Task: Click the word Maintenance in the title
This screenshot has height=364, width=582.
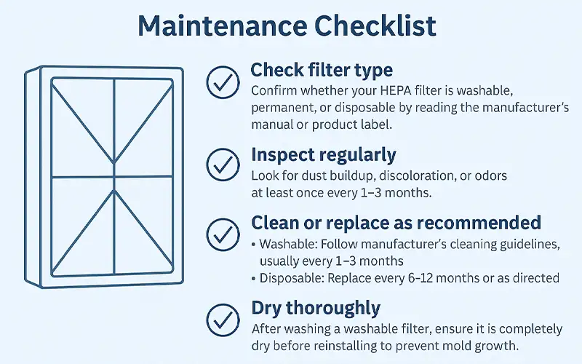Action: pyautogui.click(x=223, y=25)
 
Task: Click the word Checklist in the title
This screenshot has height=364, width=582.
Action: pyautogui.click(x=375, y=25)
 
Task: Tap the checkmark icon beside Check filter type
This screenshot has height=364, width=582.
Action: pyautogui.click(x=223, y=82)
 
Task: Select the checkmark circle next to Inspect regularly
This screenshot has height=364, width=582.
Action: pyautogui.click(x=223, y=165)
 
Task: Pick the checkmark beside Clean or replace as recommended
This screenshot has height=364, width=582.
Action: pyautogui.click(x=223, y=234)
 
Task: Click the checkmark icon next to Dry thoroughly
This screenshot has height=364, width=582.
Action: pyautogui.click(x=223, y=320)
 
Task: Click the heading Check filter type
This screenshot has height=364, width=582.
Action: pyautogui.click(x=322, y=70)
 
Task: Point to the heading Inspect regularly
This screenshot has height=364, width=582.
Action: pyautogui.click(x=324, y=155)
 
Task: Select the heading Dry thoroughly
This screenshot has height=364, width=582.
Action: pyautogui.click(x=316, y=308)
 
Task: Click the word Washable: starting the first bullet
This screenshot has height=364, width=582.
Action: pyautogui.click(x=288, y=245)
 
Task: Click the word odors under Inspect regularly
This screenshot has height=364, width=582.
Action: pyautogui.click(x=490, y=175)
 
